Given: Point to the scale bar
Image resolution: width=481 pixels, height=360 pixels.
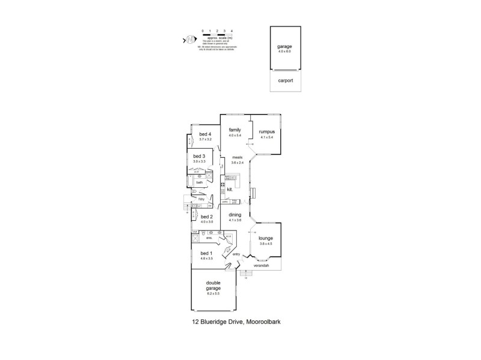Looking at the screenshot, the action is pyautogui.click(x=217, y=34).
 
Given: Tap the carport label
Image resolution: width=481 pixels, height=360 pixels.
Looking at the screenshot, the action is pyautogui.click(x=285, y=80).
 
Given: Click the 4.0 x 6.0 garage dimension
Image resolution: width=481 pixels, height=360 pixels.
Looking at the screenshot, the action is pyautogui.click(x=284, y=52).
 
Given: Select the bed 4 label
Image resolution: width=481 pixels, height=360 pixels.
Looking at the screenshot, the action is pyautogui.click(x=206, y=134).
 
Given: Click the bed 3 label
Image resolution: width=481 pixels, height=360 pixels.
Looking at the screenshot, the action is pyautogui.click(x=200, y=156).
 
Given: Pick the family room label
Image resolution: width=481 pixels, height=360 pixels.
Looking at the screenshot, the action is pyautogui.click(x=234, y=130).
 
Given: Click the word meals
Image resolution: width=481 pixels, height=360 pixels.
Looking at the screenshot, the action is pyautogui.click(x=237, y=158).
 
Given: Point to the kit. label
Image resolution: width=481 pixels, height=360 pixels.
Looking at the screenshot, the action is pyautogui.click(x=230, y=190).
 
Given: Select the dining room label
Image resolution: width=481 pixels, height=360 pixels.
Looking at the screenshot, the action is pyautogui.click(x=235, y=215).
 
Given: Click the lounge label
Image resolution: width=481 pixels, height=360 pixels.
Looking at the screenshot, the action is pyautogui.click(x=266, y=238).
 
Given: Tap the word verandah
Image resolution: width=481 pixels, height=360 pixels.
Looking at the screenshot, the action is pyautogui.click(x=260, y=265).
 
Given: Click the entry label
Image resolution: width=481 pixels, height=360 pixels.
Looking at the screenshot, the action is pyautogui.click(x=236, y=255).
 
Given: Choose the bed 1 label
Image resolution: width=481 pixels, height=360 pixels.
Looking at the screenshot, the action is pyautogui.click(x=206, y=253).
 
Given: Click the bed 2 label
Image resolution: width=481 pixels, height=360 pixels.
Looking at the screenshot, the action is pyautogui.click(x=207, y=217).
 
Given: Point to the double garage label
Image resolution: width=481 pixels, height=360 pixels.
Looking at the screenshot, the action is pyautogui.click(x=214, y=286).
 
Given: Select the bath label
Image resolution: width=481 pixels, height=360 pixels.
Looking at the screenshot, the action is pyautogui.click(x=199, y=182).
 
